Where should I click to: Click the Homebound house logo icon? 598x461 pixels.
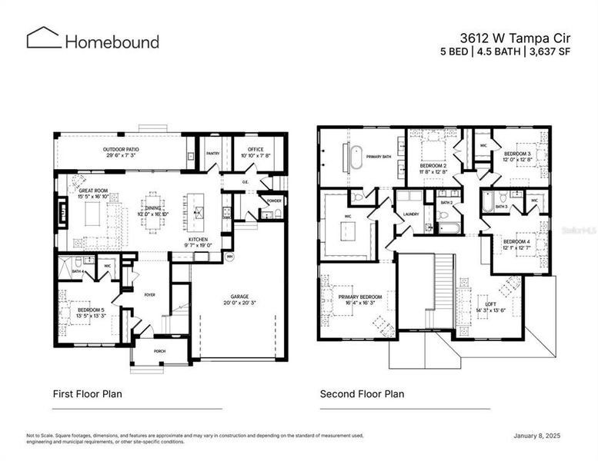click(x=44, y=38)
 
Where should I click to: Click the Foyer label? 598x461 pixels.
click(x=151, y=293)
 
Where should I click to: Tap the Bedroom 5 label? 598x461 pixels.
click(x=92, y=310)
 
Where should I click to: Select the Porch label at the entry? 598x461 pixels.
click(x=159, y=351)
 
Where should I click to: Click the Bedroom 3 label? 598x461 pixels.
click(x=517, y=154)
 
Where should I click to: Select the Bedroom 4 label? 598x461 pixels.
click(x=516, y=242)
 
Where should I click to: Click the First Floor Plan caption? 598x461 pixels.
click(x=87, y=394)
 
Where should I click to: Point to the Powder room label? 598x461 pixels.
click(x=273, y=201)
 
